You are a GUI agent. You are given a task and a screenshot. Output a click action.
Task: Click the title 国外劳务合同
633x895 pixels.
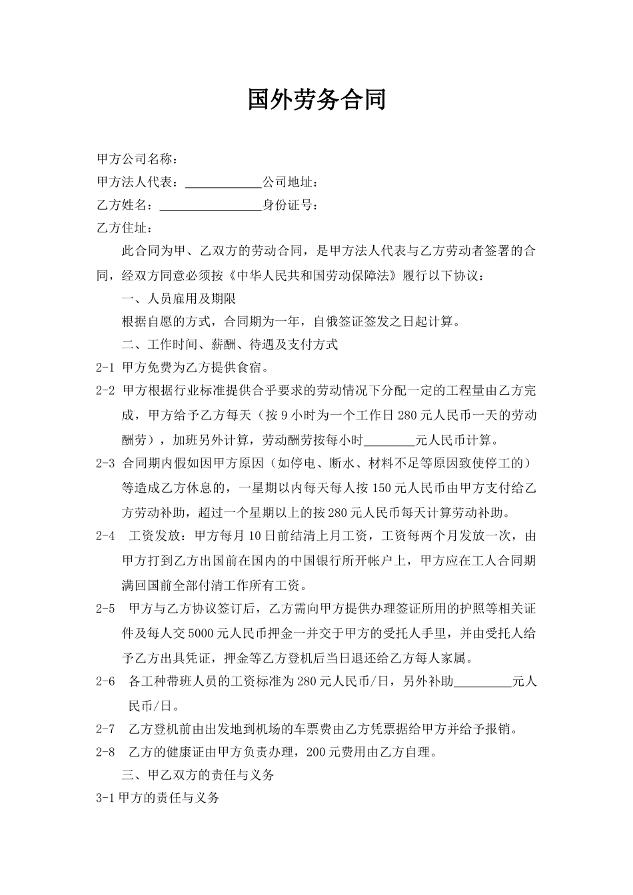point(316,100)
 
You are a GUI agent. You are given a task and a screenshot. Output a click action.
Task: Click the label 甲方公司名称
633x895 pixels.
point(136,159)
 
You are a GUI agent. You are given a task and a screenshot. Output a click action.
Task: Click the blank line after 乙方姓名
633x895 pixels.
point(211,205)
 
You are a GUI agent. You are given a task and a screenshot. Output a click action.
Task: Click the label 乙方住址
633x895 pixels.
point(125,228)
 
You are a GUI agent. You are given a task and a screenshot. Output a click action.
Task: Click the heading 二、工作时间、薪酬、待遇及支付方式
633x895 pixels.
point(230,344)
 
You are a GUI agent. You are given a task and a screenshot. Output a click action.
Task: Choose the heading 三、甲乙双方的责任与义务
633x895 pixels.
point(198,775)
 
